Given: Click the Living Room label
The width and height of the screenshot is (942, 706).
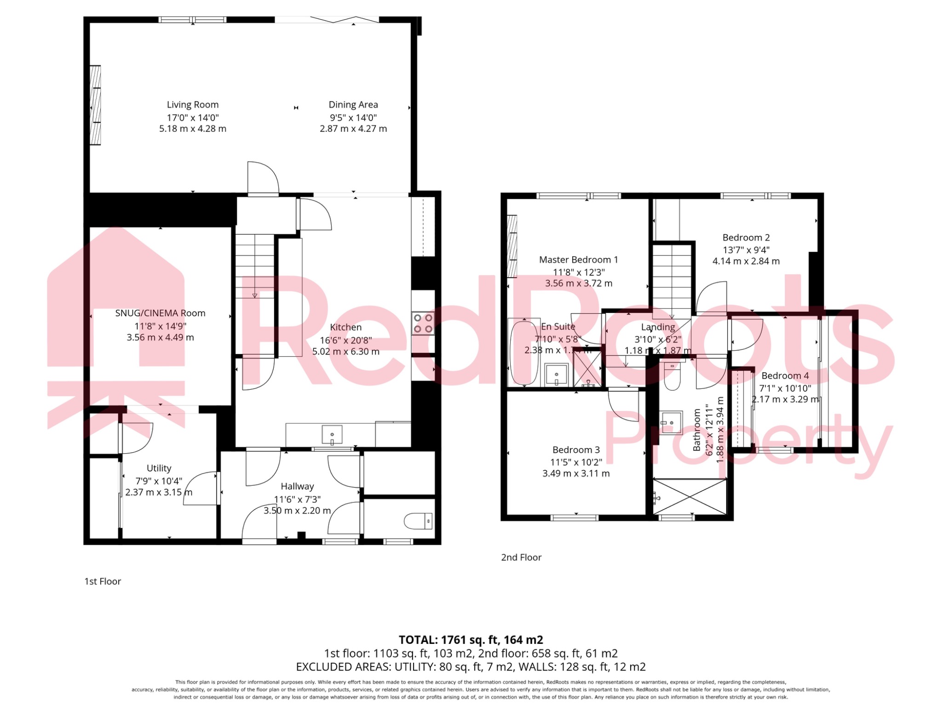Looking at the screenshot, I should coord(192,105).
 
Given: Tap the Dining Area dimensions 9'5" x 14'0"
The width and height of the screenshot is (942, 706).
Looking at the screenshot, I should coord(353,118).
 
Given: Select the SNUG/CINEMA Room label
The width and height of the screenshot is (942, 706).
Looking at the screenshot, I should coord(160,313).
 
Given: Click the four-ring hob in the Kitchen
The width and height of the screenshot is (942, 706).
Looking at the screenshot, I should coord(423,323).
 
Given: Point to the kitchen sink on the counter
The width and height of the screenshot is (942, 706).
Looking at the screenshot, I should coord(332,434).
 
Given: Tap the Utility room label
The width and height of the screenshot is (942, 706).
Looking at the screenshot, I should coord(159,468).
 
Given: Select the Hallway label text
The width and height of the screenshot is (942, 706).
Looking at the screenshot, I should coord(297,486).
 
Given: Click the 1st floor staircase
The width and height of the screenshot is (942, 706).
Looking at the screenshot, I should coord(254,267).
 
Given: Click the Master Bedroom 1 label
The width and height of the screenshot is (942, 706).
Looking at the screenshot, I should coord(578,260).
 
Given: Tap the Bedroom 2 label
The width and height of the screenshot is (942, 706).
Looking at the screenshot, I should coord(746,238).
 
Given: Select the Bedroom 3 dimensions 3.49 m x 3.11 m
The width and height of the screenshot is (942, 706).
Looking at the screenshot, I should coord(576,473).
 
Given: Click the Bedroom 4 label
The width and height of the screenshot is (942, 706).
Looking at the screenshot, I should coord(785,376).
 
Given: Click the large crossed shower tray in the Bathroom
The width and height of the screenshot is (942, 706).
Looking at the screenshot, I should coord(689,496).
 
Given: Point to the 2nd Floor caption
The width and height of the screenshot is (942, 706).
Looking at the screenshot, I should coord(521,558).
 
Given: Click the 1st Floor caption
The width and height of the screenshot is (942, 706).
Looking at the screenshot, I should coord(103,581).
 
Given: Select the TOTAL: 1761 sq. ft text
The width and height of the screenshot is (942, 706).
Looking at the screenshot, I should coord(471,640).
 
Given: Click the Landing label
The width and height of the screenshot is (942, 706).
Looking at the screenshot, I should coord(658,327).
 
